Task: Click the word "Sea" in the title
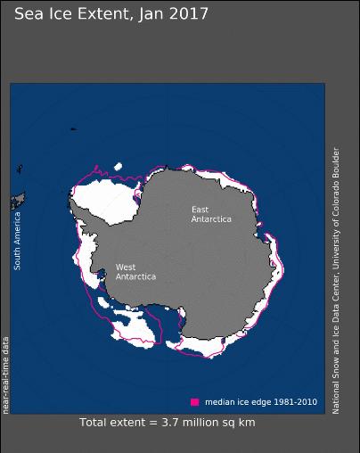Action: click(29, 14)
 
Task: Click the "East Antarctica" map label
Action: click(211, 214)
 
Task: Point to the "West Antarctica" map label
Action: click(135, 272)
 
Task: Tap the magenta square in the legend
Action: click(194, 401)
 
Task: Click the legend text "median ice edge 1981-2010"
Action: click(259, 401)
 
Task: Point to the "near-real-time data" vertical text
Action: click(5, 375)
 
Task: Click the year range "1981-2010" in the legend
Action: click(297, 401)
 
